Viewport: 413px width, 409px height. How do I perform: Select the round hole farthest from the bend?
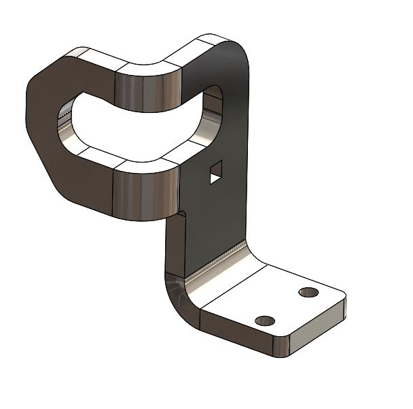(x=308, y=293)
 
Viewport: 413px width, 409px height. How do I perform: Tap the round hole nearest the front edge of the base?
(x=265, y=320)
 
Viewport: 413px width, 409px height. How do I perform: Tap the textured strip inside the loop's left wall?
(x=68, y=125)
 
